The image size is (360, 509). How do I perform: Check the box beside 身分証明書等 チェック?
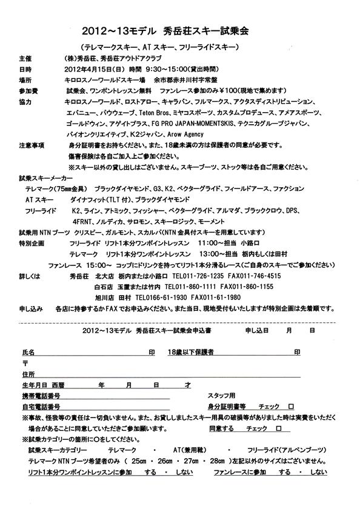(x=291, y=406)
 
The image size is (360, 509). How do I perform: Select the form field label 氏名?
(x=28, y=351)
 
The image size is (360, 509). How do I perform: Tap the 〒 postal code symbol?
(x=25, y=362)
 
